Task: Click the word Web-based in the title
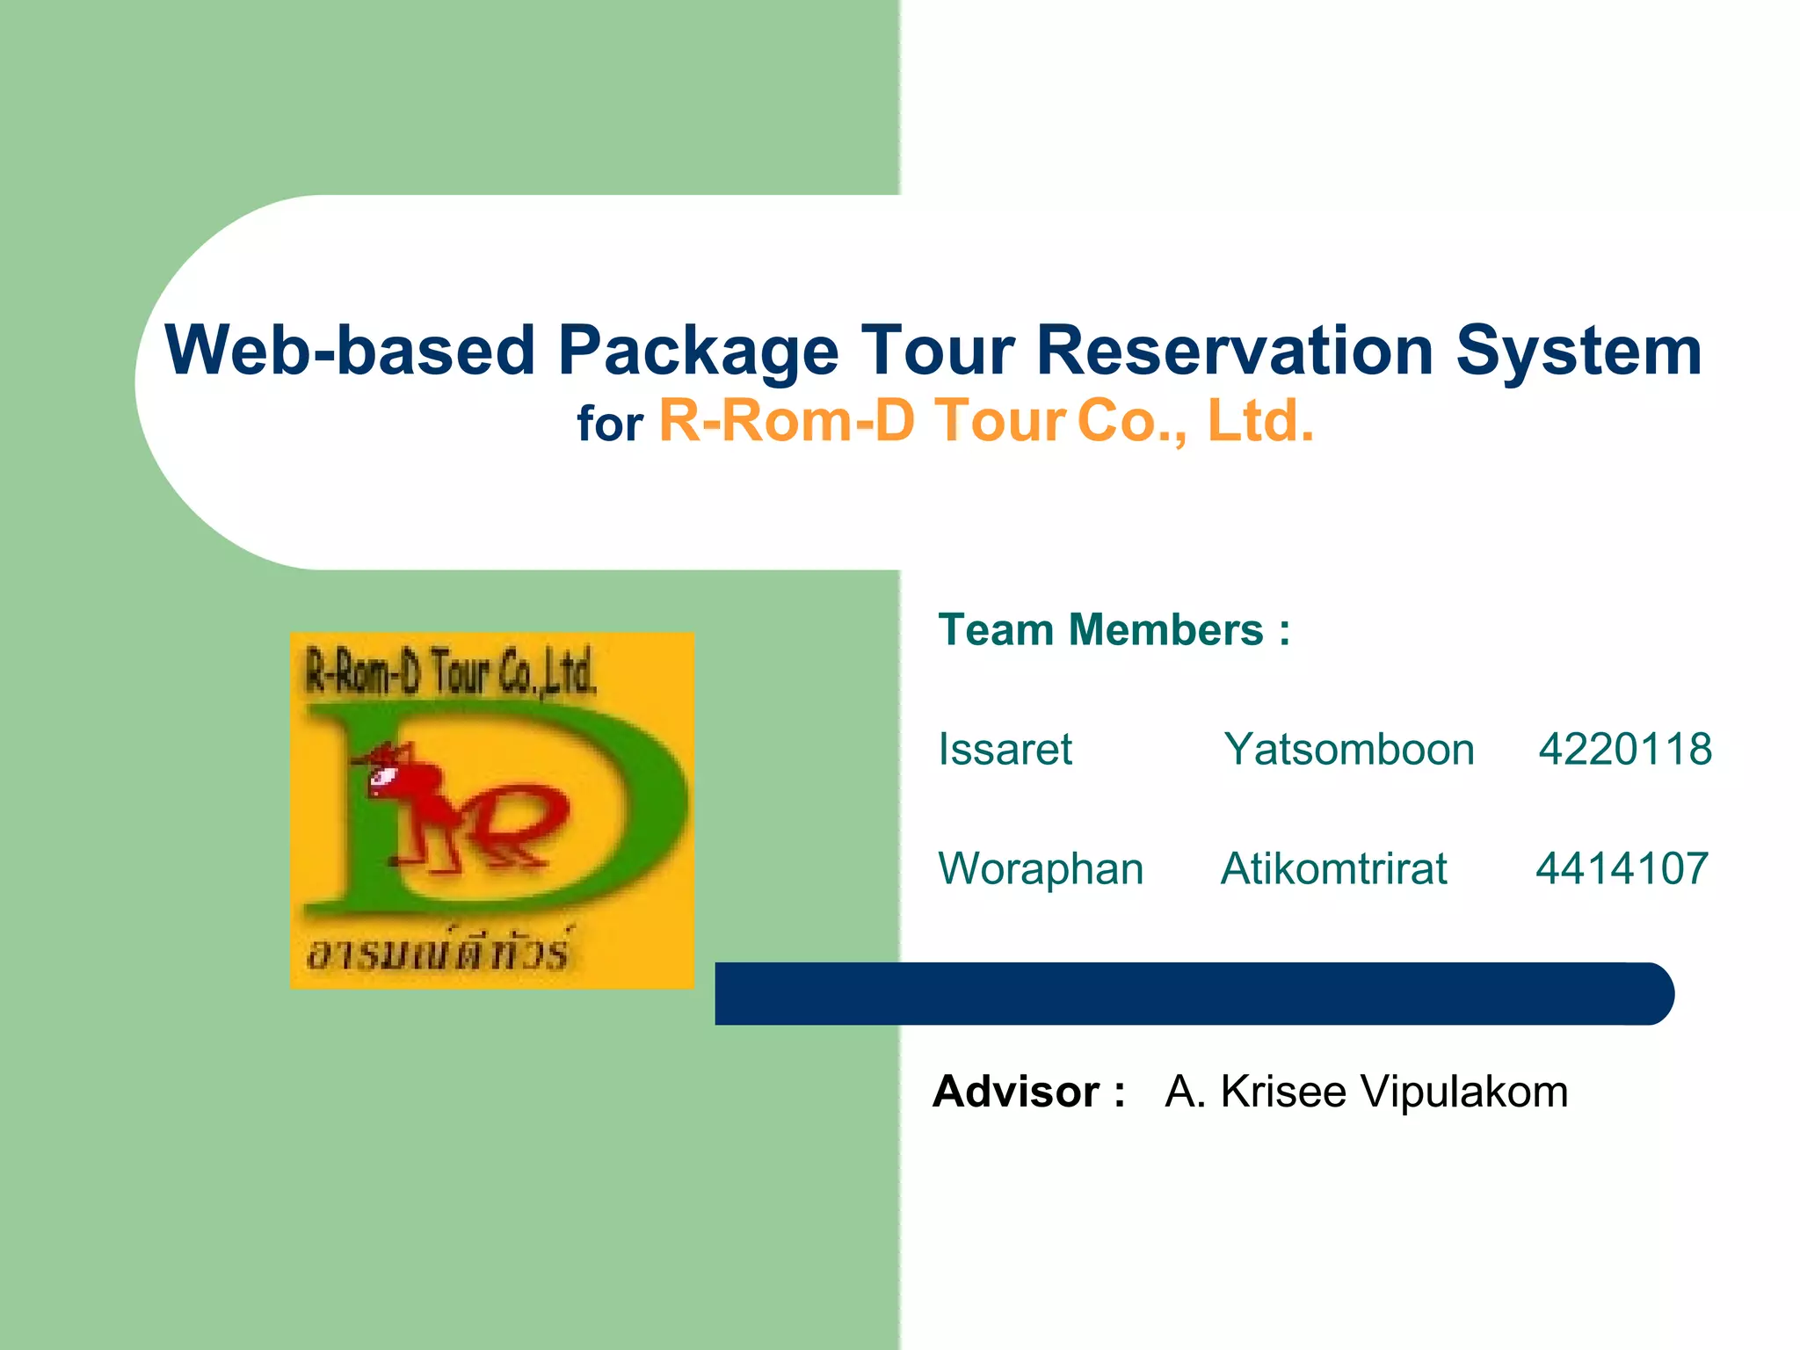click(x=350, y=351)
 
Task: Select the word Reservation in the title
click(x=1234, y=351)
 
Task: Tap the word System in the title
click(x=1579, y=351)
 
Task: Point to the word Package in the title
click(x=698, y=351)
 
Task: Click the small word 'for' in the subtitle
click(x=610, y=425)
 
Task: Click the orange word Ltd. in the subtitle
click(x=1260, y=420)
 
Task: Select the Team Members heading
click(x=1114, y=629)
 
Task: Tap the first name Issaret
click(x=1005, y=750)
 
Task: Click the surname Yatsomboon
click(x=1349, y=750)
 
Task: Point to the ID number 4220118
click(x=1624, y=750)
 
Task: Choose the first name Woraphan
click(x=1041, y=868)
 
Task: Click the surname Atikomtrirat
click(x=1333, y=868)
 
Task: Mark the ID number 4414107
click(x=1622, y=868)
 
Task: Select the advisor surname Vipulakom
click(x=1463, y=1092)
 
